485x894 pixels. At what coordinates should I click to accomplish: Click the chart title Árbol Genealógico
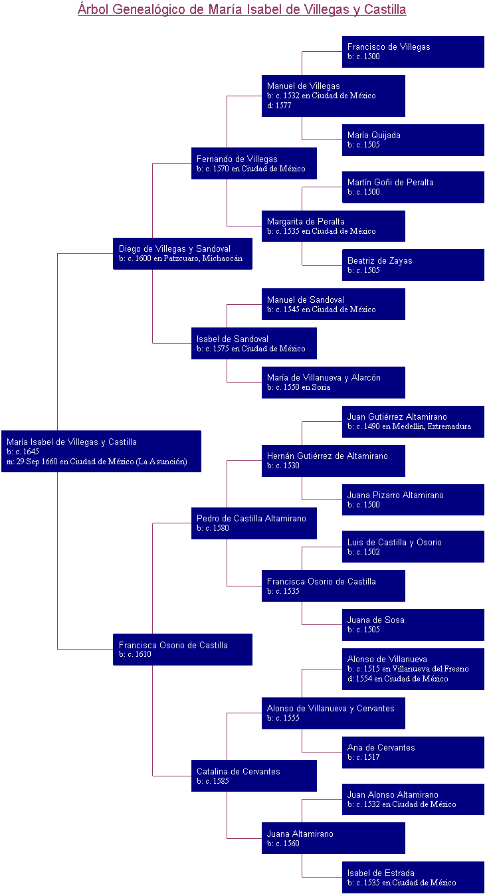242,9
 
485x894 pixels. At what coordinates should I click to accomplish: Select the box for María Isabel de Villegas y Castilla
101,451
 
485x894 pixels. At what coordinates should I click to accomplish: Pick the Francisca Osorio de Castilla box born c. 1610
183,649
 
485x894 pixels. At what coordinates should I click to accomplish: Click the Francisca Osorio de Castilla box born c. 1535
333,586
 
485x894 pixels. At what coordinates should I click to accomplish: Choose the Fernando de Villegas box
254,163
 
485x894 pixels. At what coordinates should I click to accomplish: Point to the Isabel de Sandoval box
254,343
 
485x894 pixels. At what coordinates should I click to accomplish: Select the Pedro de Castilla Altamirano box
254,523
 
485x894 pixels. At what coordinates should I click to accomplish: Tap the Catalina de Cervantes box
254,776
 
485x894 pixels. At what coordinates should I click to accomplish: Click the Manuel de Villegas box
333,96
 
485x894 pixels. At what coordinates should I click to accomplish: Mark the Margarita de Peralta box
333,226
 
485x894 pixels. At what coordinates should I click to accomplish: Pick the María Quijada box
413,139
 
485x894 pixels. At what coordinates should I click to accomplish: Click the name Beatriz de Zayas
379,260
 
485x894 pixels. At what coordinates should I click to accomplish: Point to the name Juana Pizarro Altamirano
395,495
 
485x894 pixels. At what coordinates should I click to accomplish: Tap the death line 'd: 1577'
279,106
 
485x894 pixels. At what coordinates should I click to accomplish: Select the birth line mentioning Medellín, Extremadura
409,426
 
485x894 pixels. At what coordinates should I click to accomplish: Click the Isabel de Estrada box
413,877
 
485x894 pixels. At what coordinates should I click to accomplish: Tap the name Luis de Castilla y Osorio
394,542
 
